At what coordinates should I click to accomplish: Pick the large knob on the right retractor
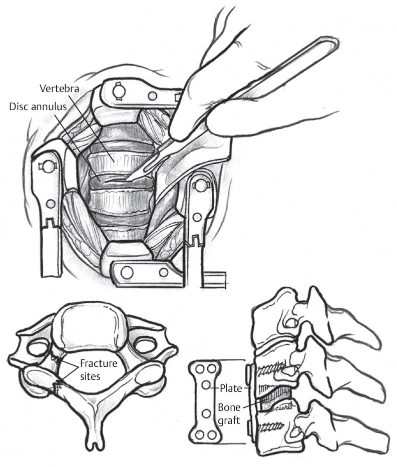pyautogui.click(x=201, y=186)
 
